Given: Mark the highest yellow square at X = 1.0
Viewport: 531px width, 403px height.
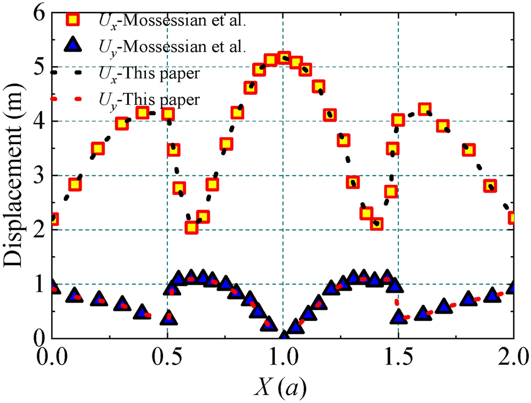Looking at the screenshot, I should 284,58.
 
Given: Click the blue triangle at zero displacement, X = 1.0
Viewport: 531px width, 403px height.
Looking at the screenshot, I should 284,337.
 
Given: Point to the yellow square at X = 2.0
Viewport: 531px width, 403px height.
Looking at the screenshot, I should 514,218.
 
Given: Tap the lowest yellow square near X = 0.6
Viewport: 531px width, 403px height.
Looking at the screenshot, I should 191,227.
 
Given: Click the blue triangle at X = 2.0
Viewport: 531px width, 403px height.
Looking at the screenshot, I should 514,288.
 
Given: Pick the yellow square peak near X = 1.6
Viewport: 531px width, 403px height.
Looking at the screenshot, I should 424,109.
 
